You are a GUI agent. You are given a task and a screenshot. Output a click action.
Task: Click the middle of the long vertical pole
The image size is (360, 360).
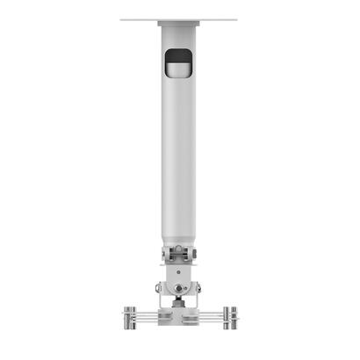coord(179,149)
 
